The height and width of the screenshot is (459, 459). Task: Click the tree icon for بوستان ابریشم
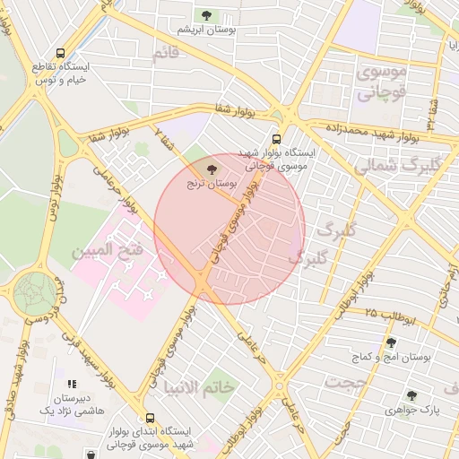(208, 15)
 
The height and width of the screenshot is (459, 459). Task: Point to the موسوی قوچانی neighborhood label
(383, 81)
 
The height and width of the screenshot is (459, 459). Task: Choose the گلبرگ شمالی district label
(398, 166)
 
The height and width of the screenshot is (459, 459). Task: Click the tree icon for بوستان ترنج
(212, 169)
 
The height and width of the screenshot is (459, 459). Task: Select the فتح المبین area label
(108, 251)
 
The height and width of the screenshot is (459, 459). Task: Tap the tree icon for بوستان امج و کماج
(390, 342)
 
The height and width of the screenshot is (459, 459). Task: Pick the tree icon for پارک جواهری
(411, 395)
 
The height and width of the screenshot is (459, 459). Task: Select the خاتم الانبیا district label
(198, 387)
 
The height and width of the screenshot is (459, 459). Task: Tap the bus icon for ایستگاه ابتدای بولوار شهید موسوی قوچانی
(149, 417)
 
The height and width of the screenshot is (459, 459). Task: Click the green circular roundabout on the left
(35, 293)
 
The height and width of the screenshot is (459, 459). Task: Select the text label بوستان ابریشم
(206, 30)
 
